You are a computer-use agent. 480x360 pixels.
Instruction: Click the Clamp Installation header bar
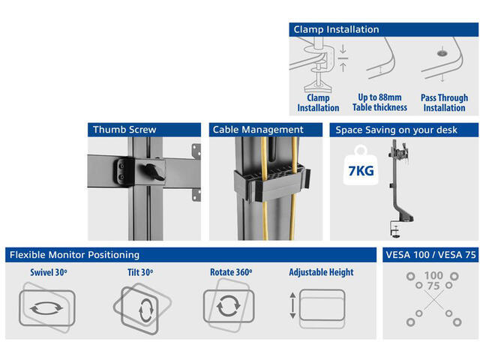point(383,30)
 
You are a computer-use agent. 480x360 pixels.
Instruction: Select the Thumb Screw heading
point(124,130)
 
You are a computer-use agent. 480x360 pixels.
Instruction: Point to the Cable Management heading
point(258,130)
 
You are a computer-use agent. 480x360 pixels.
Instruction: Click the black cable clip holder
point(271,182)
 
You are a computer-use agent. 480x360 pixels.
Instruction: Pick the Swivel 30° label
point(48,272)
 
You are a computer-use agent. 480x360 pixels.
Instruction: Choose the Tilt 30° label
point(140,272)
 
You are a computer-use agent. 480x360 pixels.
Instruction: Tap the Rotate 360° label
point(231,272)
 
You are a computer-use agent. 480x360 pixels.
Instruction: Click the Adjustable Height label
point(321,272)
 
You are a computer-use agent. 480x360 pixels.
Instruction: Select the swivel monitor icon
point(46,307)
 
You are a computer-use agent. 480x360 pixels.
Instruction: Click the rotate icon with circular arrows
point(228,306)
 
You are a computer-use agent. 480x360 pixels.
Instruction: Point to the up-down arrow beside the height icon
point(292,305)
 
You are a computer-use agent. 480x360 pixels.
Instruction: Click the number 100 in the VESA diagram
point(433,275)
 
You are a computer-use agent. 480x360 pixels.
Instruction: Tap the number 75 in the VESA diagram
point(433,286)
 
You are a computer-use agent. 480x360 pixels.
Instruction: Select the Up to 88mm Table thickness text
point(379,102)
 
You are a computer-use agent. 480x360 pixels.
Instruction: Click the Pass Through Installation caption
point(444,103)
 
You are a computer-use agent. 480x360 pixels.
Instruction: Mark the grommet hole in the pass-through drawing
point(442,53)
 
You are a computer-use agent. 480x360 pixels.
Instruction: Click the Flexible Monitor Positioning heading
point(74,255)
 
